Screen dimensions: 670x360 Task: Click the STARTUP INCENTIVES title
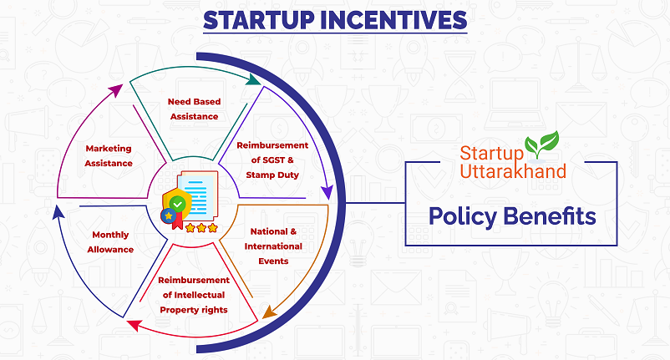335,20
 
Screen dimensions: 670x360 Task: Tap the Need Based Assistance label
195,109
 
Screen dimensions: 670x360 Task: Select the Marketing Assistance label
109,156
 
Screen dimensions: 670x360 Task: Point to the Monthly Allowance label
110,242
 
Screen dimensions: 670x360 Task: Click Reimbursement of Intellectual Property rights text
194,295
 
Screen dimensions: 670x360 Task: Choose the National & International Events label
273,246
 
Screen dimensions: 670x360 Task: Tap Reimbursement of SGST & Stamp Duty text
272,160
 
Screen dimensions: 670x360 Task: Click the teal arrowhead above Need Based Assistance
254,80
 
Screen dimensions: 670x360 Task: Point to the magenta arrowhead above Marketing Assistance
116,90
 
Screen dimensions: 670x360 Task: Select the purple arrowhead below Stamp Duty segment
327,193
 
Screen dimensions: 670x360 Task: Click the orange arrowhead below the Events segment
269,312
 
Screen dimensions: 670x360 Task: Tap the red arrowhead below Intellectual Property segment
135,326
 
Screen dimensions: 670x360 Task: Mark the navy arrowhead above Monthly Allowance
58,212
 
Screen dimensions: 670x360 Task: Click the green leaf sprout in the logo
541,144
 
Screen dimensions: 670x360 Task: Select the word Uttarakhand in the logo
513,171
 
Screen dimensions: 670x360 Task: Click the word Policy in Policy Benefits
462,216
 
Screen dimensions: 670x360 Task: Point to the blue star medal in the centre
169,215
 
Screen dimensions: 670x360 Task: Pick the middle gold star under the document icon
201,228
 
